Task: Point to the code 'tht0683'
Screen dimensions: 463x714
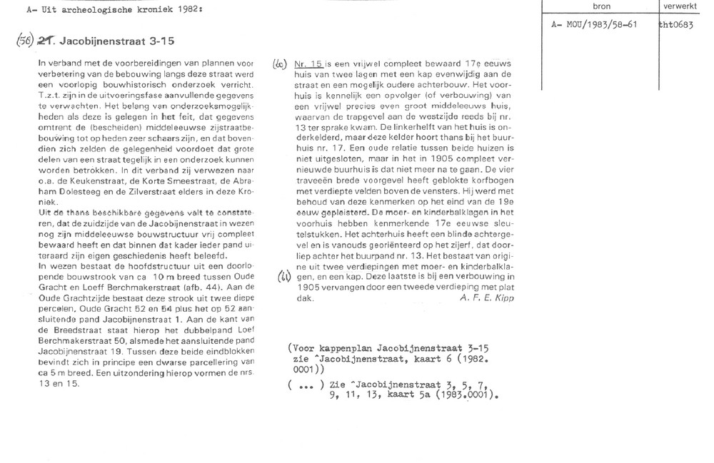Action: click(677, 24)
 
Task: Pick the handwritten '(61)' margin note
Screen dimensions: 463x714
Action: click(283, 277)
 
